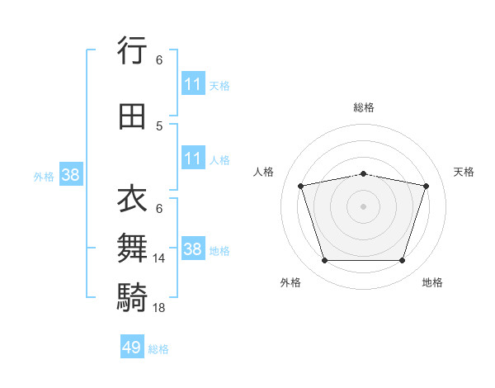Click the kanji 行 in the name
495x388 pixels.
(132, 50)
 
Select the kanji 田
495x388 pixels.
(132, 116)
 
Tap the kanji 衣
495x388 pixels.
(132, 198)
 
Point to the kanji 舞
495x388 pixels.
(132, 248)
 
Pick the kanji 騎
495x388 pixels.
(132, 297)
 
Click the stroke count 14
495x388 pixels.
(158, 258)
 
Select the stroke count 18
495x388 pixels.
(158, 308)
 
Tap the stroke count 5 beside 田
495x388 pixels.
(159, 126)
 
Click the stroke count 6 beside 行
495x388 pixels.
(159, 60)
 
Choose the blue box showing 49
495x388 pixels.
(132, 346)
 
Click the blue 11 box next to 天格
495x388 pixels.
(193, 83)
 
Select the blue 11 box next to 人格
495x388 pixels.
(193, 158)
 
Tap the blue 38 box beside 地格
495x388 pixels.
(193, 248)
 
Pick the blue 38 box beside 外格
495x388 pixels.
(71, 174)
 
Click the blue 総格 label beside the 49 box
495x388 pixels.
(158, 349)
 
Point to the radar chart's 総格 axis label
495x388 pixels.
(364, 107)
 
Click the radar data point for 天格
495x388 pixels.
(427, 186)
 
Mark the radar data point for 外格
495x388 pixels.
(324, 260)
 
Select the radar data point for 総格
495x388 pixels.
(363, 174)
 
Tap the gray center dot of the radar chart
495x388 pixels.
(363, 206)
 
